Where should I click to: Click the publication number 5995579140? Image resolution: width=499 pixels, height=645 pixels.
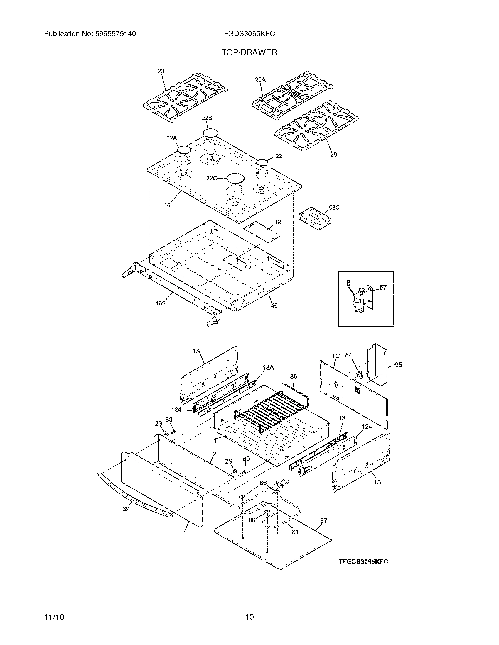coord(115,34)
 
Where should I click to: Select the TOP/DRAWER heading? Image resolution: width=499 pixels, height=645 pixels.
coord(249,52)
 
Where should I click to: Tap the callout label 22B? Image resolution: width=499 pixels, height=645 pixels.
coord(207,118)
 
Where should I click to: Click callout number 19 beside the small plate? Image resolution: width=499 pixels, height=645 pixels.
coord(278,222)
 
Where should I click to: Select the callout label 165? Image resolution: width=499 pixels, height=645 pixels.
coord(160,303)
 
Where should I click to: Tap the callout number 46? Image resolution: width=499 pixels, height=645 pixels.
coord(274,306)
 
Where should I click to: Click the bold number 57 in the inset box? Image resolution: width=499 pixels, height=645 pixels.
coord(383,287)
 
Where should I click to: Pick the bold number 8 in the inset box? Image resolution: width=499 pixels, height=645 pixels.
coord(348,283)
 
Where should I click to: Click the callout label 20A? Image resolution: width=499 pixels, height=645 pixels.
coord(260,79)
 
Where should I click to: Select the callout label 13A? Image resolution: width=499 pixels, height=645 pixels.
coord(268,367)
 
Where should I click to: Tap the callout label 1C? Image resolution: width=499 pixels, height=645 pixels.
coord(336,356)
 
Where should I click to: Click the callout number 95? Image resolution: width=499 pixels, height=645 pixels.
coord(398,365)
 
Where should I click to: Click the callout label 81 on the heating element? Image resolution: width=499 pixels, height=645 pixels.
coord(295,532)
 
